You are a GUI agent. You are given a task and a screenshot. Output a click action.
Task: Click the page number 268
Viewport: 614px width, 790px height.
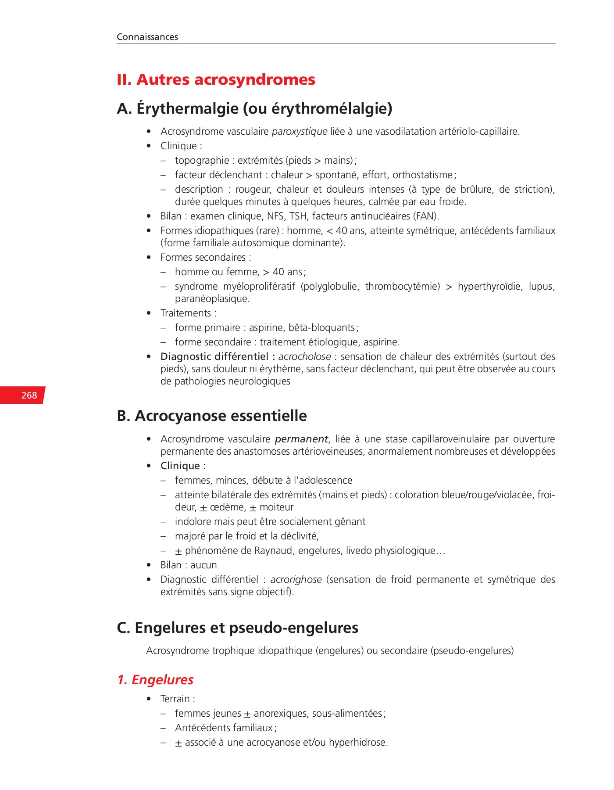pos(29,395)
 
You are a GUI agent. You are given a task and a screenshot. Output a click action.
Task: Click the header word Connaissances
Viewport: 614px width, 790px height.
pos(147,37)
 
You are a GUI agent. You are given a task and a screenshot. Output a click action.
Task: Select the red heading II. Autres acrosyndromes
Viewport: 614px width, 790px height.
pos(216,79)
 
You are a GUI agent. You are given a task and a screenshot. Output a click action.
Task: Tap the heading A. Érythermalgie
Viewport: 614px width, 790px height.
pos(254,108)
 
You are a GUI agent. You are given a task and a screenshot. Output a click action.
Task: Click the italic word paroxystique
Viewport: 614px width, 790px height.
pos(300,131)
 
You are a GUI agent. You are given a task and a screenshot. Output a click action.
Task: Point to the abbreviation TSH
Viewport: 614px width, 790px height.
pos(298,216)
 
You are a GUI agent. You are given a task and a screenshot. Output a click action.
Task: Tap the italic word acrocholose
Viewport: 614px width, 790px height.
pos(304,356)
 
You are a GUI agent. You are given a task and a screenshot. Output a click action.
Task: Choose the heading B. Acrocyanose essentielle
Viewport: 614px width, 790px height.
pos(212,416)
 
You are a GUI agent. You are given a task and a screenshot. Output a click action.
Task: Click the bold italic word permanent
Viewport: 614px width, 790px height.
pos(302,439)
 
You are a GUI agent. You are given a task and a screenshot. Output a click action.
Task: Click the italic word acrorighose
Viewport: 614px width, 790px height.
pos(296,579)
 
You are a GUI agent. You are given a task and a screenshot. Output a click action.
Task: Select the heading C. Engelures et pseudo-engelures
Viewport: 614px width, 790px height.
pos(237,628)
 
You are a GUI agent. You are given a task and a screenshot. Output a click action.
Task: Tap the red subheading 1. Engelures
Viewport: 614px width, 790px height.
pos(155,679)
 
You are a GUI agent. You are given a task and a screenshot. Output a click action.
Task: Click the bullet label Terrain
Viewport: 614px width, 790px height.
pos(175,699)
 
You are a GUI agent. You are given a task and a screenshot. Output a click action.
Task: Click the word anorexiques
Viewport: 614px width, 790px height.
pos(281,713)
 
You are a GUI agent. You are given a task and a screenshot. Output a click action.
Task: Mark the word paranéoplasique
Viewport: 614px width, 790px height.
pos(212,298)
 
